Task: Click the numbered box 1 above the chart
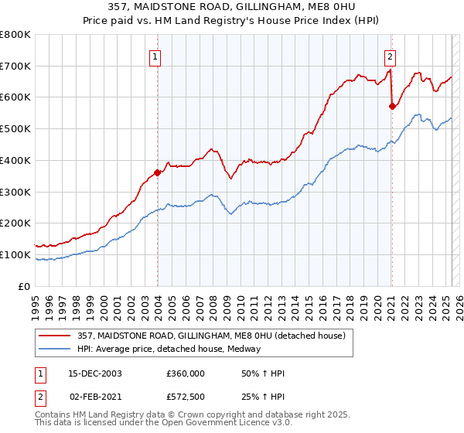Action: click(155, 56)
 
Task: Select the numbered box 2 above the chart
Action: click(391, 56)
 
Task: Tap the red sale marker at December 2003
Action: click(158, 172)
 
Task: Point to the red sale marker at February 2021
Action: click(392, 106)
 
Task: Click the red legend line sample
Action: click(54, 335)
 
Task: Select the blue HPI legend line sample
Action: click(54, 349)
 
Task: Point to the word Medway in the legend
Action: click(245, 349)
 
